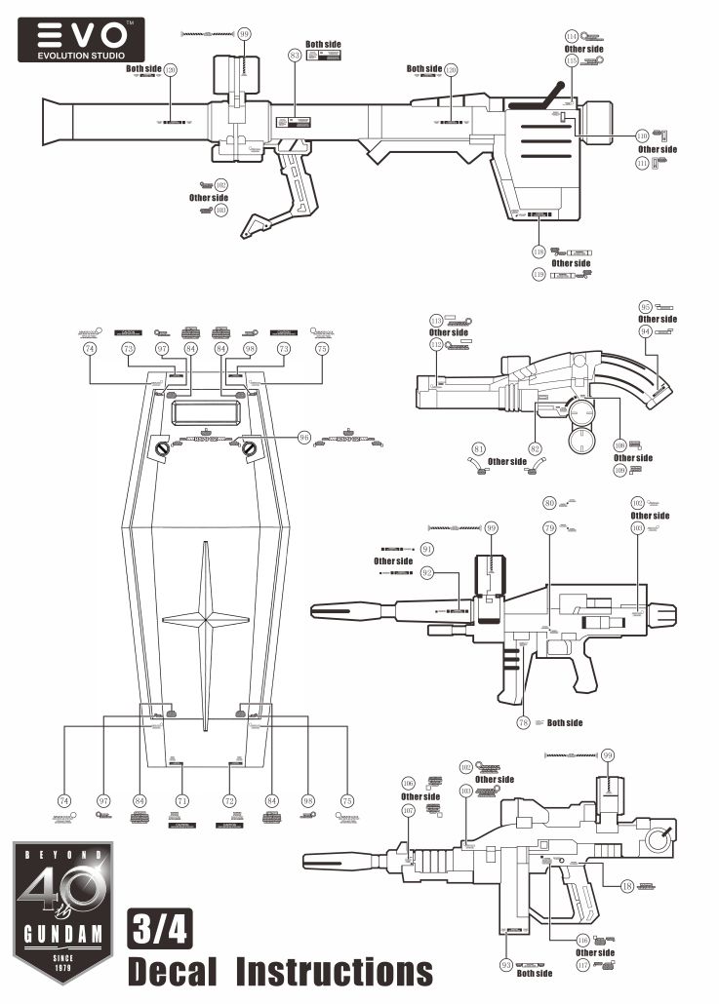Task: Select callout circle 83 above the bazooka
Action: (294, 57)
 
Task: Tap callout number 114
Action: (572, 36)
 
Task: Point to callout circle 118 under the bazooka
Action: (539, 251)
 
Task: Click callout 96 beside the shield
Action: (305, 439)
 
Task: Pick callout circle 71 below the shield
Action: (182, 800)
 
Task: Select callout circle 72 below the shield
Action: (230, 800)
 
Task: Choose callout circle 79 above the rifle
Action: (549, 527)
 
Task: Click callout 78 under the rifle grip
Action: (523, 722)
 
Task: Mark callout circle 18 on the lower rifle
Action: (627, 885)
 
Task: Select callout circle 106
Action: (408, 784)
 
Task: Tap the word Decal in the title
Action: (176, 971)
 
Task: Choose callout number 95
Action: (645, 306)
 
